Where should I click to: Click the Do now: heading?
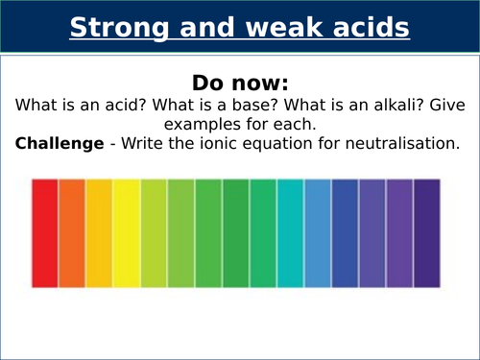[x=240, y=80]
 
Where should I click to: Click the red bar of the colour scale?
[x=45, y=232]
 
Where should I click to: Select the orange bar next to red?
[x=72, y=232]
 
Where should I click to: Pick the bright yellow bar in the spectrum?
[x=127, y=232]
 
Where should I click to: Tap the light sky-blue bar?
[x=318, y=232]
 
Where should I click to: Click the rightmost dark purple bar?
[x=427, y=232]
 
